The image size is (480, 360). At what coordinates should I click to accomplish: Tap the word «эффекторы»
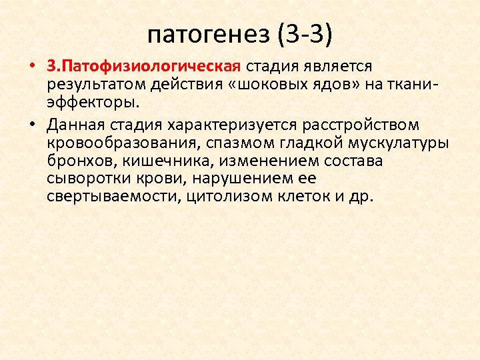coord(94,103)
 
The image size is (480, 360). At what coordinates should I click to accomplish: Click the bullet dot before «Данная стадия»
coord(32,125)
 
